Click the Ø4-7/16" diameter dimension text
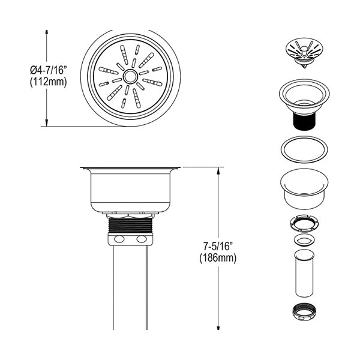click(49, 70)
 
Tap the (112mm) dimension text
click(49, 82)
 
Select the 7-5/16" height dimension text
click(218, 247)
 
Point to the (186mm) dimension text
click(218, 258)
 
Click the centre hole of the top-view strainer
click(130, 77)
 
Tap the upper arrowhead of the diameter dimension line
click(47, 32)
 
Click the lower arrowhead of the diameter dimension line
click(47, 124)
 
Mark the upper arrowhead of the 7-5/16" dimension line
click(218, 170)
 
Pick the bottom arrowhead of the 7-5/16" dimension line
click(218, 328)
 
